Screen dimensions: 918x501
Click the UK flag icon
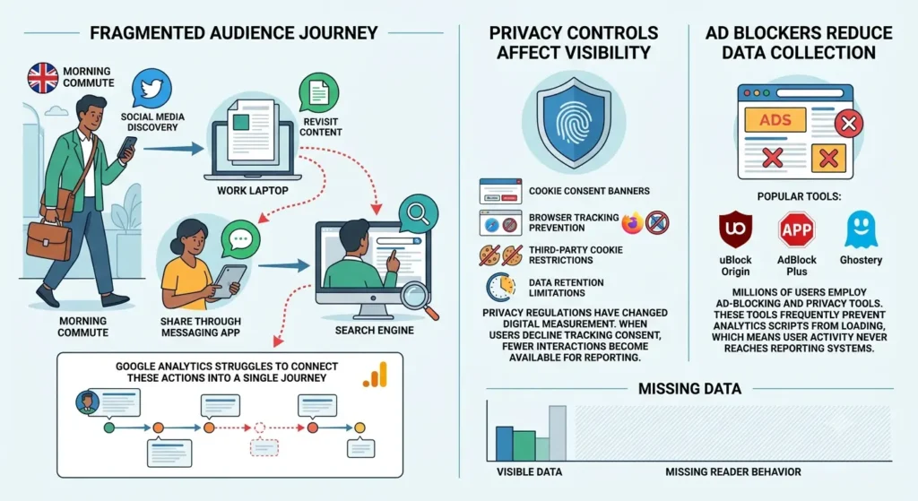coord(43,78)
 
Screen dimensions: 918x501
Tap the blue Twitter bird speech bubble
coord(152,89)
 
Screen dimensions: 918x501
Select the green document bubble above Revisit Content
coord(318,93)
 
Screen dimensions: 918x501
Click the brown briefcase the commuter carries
coord(48,240)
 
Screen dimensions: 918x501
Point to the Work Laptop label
coord(252,191)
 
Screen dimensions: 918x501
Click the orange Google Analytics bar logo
coord(376,375)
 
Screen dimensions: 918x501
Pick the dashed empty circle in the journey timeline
coord(260,428)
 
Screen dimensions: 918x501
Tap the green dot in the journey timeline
coord(108,428)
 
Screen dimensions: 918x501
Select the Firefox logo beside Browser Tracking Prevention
coord(632,223)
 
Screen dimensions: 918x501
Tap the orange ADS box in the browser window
coord(775,120)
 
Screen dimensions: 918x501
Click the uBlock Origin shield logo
coord(735,230)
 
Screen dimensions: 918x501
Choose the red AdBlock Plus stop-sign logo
coord(796,229)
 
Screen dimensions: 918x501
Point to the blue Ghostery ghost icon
coord(861,229)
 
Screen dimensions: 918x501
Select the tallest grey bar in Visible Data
coord(558,433)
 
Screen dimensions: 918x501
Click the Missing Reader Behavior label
coord(733,471)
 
